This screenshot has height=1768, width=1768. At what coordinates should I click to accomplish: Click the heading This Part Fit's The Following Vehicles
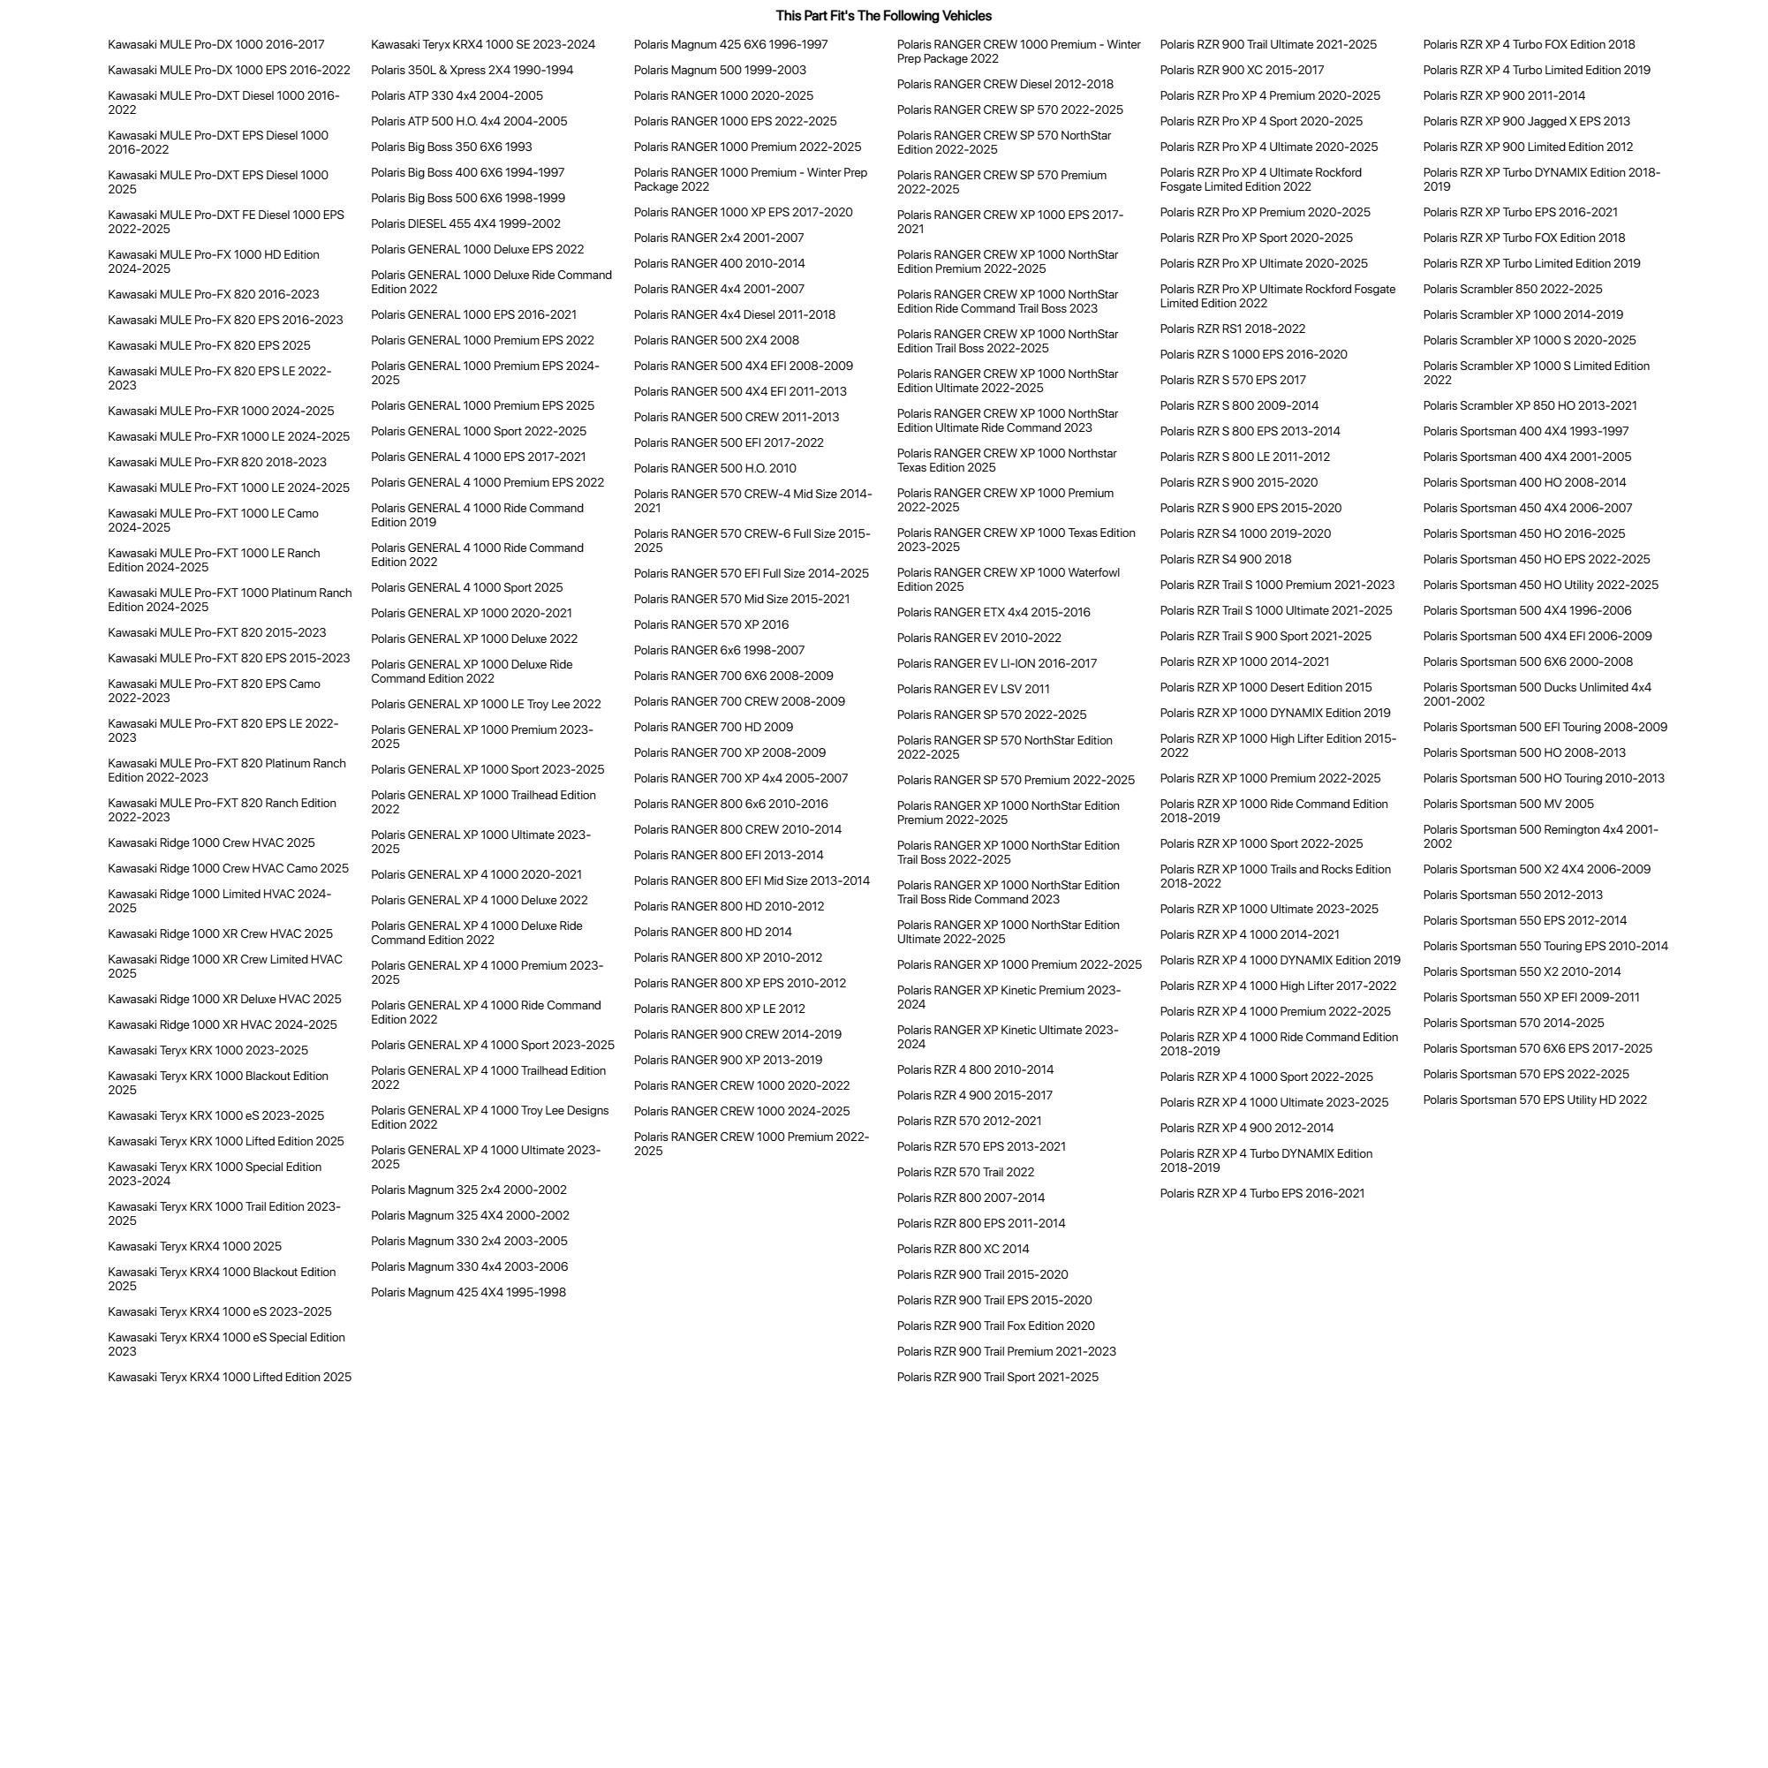pos(883,16)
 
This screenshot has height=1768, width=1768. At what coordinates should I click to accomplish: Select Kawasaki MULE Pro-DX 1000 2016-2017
pos(216,45)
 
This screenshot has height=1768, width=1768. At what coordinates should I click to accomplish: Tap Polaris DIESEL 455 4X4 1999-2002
pos(465,224)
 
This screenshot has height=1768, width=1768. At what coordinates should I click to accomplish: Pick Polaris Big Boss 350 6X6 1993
pos(450,147)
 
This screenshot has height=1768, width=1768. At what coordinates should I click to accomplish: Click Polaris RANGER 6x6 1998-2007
pos(718,651)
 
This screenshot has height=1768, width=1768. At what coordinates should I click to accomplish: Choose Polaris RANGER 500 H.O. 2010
pos(714,469)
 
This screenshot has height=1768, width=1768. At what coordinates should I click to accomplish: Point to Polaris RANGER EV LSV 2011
pos(973,690)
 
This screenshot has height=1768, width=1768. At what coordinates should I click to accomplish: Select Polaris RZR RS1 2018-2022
pos(1232,329)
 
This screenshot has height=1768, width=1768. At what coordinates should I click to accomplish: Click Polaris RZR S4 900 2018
pos(1226,560)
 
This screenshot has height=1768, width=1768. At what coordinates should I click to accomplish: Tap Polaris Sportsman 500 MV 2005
pos(1507,805)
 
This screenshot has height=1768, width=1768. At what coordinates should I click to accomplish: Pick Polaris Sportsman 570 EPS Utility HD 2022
pos(1534,1101)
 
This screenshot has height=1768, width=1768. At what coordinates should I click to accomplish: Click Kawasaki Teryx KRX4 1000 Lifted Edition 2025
pos(229,1379)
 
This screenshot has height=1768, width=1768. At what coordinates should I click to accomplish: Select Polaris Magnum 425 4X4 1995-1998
pos(468,1293)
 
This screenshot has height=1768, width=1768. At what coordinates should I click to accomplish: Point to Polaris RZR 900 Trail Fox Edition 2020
pos(994,1327)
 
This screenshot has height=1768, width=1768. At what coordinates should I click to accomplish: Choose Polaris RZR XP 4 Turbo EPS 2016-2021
pos(1261,1194)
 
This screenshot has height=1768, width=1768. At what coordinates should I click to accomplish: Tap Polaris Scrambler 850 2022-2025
pos(1512,290)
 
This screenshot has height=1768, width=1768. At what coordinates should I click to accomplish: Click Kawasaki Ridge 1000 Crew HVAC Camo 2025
pos(228,869)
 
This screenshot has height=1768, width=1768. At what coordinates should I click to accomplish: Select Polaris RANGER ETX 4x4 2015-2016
pos(993,613)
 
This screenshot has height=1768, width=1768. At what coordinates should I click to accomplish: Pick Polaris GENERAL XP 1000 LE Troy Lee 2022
pos(485,705)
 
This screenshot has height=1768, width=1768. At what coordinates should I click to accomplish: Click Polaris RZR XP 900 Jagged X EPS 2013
pos(1525,122)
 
